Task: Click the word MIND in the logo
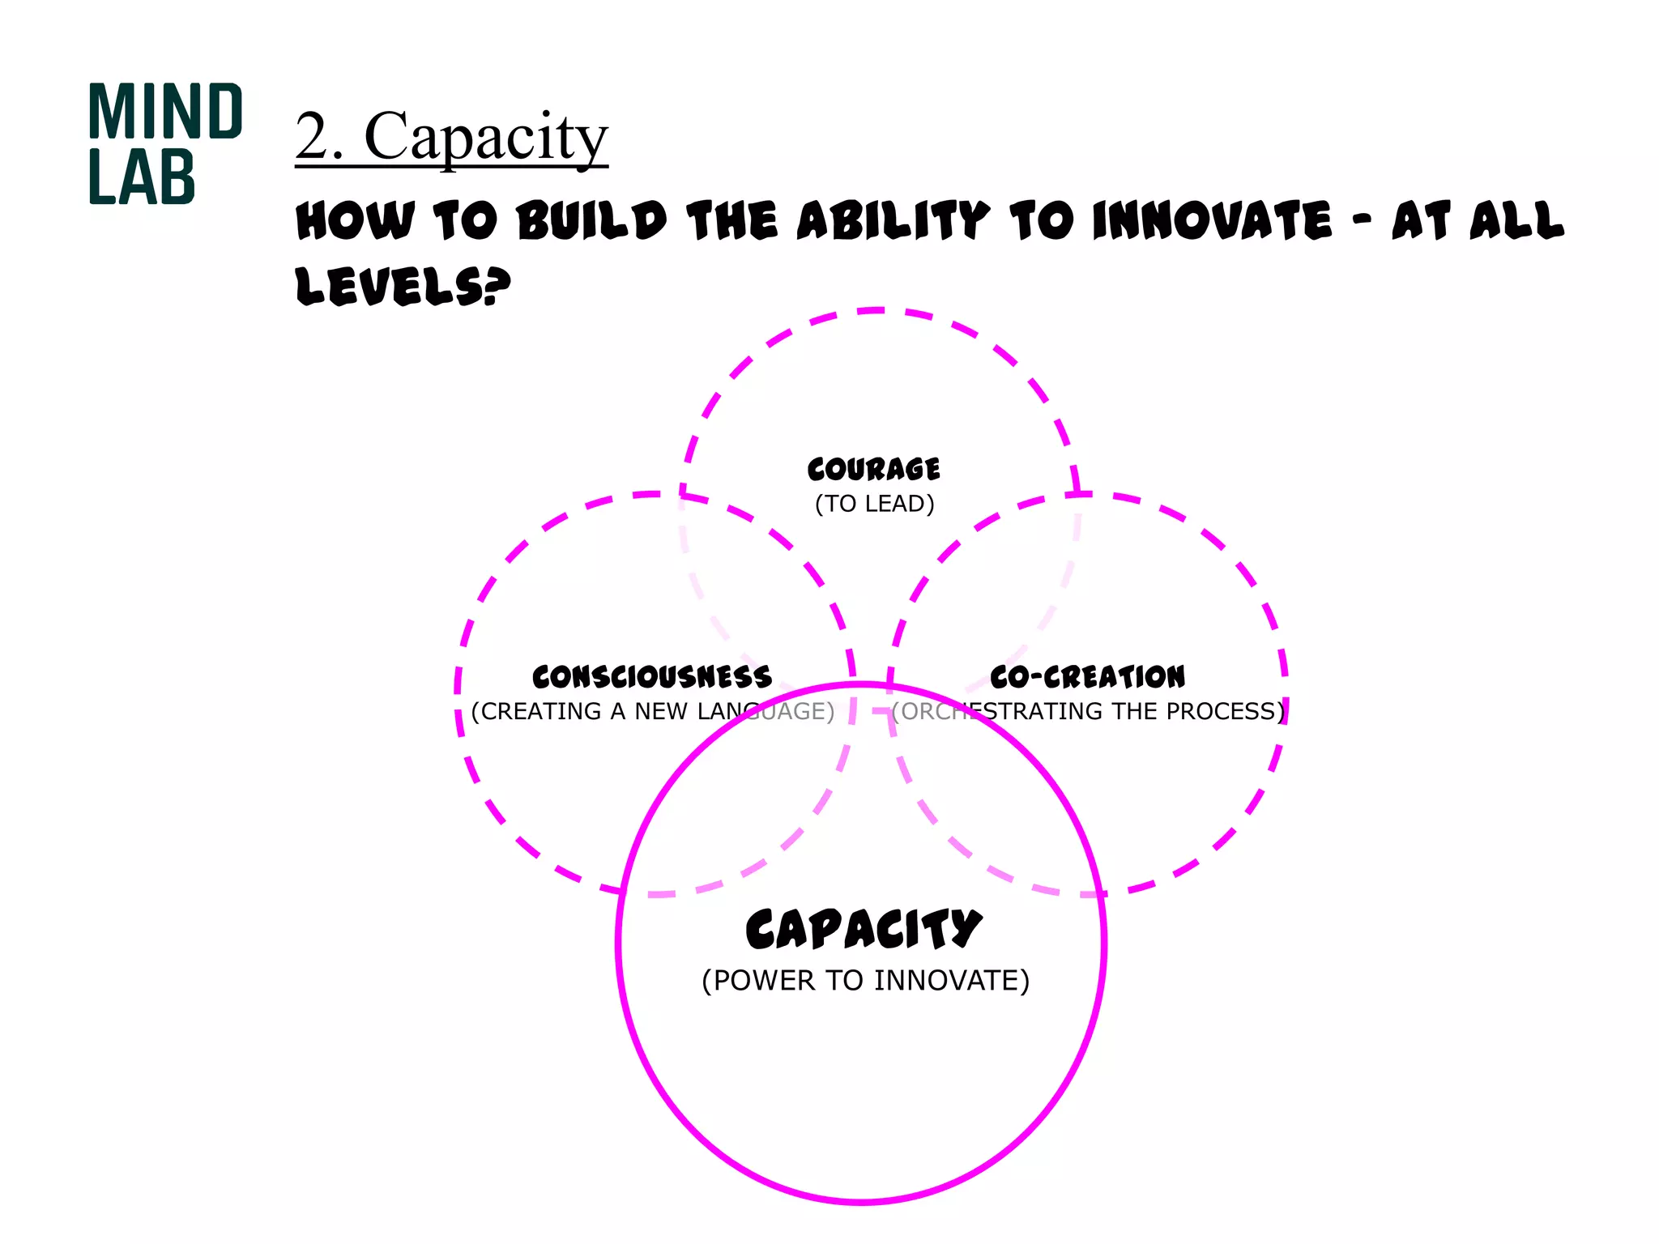tap(165, 112)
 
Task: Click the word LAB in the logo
tap(142, 177)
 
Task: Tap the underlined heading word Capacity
tap(485, 137)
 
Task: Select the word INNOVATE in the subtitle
tap(1211, 221)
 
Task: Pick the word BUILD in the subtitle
tap(592, 221)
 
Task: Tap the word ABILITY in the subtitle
tap(893, 221)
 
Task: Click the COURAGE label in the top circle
tap(874, 469)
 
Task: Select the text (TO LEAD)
tap(874, 504)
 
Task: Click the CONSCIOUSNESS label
tap(652, 676)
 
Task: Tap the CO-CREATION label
tap(1087, 676)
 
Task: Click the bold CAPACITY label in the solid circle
tap(864, 929)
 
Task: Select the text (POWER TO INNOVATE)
tap(865, 981)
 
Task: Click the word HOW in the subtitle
tap(355, 221)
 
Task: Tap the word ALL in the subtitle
tap(1516, 221)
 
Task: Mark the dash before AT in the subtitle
tap(1362, 220)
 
